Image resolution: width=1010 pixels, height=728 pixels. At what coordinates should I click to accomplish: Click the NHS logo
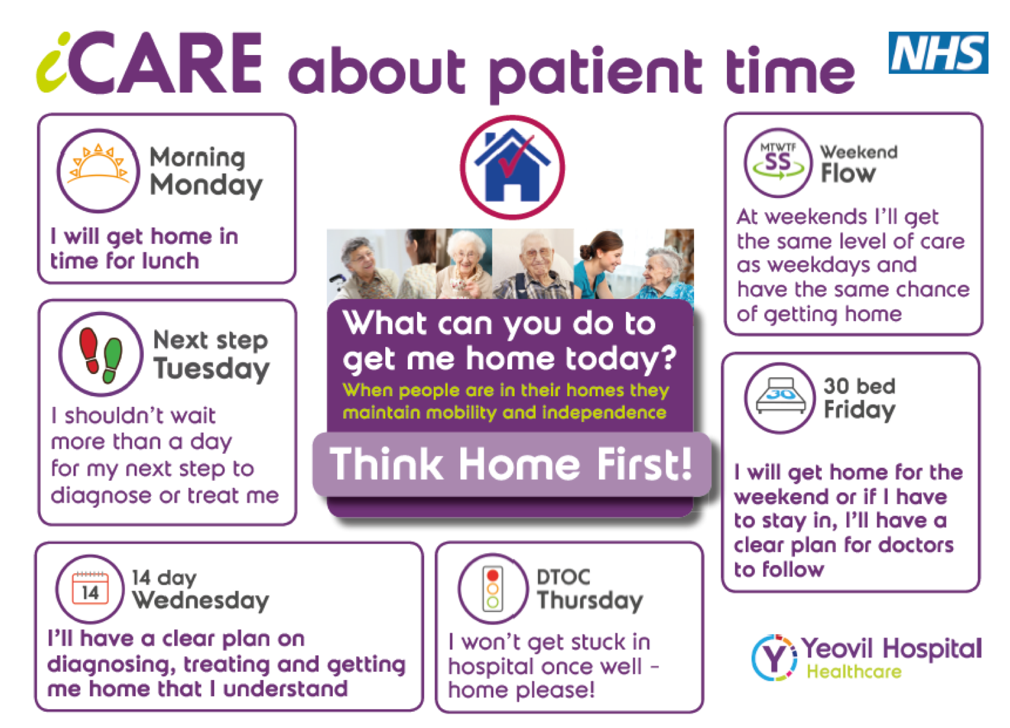click(x=938, y=52)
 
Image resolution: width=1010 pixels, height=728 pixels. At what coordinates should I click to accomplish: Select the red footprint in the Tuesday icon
click(x=90, y=350)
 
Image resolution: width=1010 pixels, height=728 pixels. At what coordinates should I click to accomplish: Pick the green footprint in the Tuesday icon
click(x=112, y=360)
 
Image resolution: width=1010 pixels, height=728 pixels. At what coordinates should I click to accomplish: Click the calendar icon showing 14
click(x=90, y=588)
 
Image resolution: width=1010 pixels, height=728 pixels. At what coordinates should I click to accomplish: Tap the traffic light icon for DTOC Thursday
click(x=493, y=588)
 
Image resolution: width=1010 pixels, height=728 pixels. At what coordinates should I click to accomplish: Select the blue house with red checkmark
click(x=512, y=165)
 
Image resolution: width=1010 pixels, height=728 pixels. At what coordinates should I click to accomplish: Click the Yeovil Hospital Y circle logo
click(x=774, y=657)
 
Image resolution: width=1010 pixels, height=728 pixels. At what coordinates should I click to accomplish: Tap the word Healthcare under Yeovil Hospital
click(x=854, y=671)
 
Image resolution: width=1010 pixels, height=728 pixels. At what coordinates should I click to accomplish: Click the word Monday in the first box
click(x=206, y=186)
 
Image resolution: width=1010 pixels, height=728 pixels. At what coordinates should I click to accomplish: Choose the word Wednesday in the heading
click(x=201, y=601)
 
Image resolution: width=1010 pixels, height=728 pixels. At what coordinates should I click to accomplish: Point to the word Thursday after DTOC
click(x=590, y=601)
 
